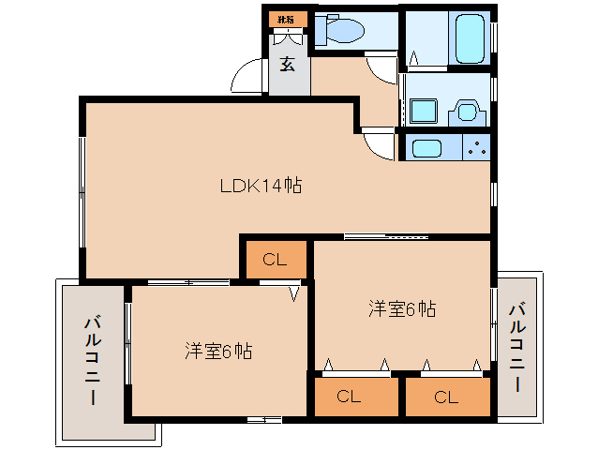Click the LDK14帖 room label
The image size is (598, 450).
pos(260,186)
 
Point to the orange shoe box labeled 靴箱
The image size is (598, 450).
pos(285,19)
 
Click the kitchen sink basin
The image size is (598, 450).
pos(427,148)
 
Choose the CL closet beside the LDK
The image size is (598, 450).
pos(275,260)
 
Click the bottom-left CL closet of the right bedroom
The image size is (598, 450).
pos(349,397)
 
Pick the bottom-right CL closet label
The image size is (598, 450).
pos(446,397)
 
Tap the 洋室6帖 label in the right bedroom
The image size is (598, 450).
pos(401,307)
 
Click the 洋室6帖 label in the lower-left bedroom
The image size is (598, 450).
pos(217,352)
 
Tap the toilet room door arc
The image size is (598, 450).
pos(381,68)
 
